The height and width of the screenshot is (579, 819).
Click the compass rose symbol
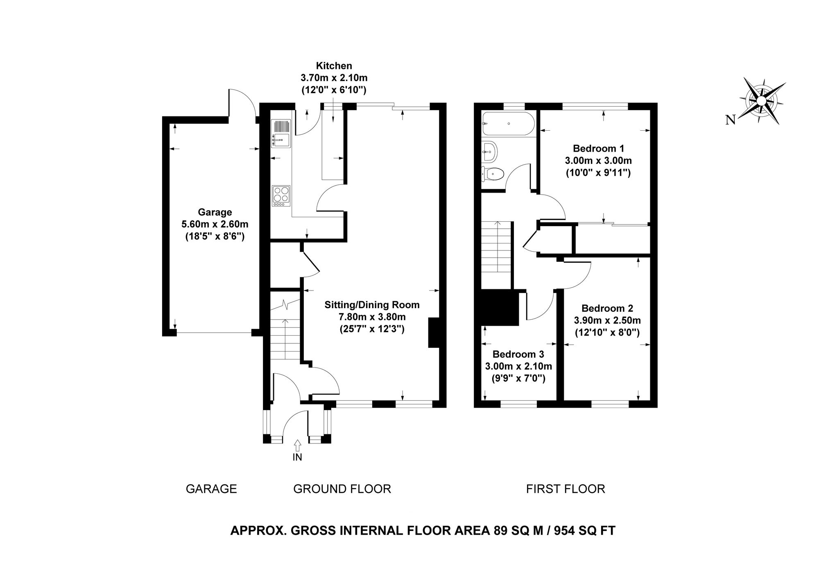(762, 100)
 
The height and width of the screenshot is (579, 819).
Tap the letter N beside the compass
(730, 120)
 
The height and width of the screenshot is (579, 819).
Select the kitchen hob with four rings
(281, 196)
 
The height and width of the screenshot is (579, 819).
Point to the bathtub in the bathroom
(508, 124)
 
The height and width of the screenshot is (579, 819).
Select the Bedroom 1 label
(598, 148)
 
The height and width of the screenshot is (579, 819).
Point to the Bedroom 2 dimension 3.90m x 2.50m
(608, 320)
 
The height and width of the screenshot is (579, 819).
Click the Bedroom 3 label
(518, 354)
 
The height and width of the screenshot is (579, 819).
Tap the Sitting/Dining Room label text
(372, 304)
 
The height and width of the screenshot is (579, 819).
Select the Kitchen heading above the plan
(334, 66)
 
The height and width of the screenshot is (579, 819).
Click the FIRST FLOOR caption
(566, 489)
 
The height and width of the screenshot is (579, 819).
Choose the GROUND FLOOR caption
(342, 489)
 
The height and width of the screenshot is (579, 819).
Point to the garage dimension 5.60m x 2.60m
(215, 225)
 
